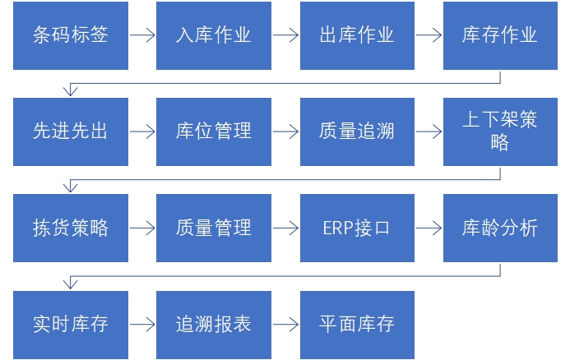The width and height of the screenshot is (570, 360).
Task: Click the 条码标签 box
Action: tap(71, 35)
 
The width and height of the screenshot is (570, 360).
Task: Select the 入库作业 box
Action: tap(214, 35)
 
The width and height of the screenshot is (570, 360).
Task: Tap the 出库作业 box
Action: tap(357, 35)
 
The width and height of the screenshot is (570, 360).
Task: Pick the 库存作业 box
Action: tap(500, 35)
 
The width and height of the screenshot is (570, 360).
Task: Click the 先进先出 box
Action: tap(71, 132)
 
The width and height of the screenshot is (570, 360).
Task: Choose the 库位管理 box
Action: tap(214, 132)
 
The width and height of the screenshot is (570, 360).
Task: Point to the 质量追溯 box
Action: tap(357, 132)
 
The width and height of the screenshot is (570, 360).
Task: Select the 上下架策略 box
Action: tap(500, 132)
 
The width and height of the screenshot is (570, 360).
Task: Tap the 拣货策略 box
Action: tap(71, 228)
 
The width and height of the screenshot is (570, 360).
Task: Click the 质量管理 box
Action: tap(214, 228)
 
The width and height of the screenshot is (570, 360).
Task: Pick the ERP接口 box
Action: tap(357, 228)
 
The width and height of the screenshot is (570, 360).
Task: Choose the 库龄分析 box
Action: tap(500, 228)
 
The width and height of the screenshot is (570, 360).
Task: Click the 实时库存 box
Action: tap(71, 324)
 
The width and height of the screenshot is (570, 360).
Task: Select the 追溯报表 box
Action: tap(214, 324)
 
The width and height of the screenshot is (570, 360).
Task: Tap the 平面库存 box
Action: tap(357, 324)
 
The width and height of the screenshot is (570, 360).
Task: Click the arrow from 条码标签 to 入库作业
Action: tap(142, 35)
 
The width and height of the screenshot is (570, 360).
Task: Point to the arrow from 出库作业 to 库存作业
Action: tap(429, 35)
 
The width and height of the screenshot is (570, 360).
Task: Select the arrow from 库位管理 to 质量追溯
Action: tap(285, 132)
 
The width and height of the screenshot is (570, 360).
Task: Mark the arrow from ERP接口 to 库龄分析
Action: tap(429, 228)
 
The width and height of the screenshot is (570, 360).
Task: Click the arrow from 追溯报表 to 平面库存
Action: tap(285, 324)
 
